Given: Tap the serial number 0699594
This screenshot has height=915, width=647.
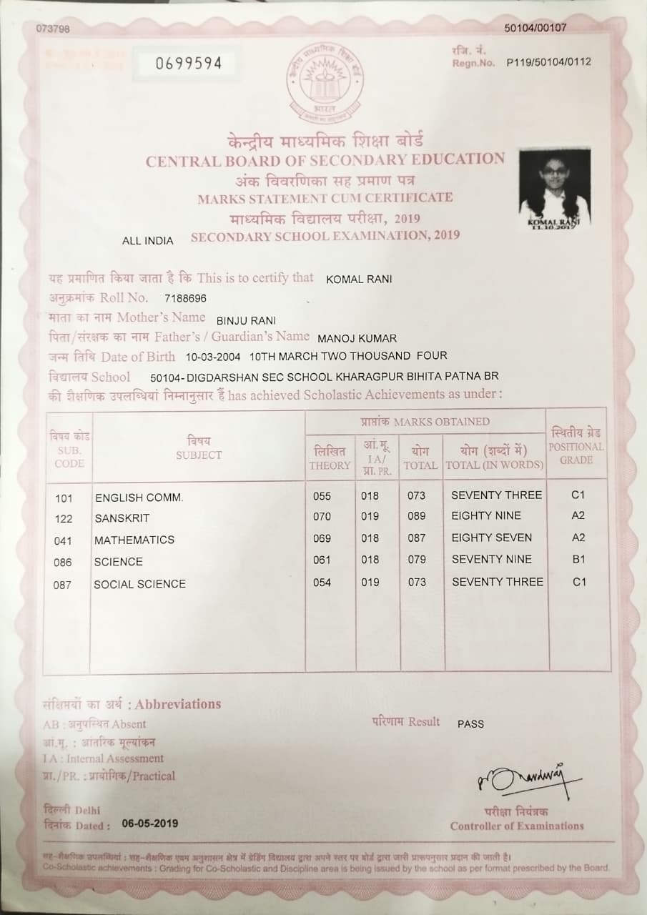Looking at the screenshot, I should [189, 64].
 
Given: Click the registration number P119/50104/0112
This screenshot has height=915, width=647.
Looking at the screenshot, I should [548, 62].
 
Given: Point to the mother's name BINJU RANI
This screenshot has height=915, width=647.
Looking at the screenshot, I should [245, 320].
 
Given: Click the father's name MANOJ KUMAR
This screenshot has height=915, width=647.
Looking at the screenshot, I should [356, 338].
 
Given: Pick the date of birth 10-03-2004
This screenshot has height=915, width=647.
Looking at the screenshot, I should [213, 356].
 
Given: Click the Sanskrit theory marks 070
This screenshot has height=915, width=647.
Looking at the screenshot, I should [322, 516].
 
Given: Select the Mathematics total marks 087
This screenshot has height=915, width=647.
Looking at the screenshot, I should [416, 538].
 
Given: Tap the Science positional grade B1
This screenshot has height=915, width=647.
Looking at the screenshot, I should [578, 560].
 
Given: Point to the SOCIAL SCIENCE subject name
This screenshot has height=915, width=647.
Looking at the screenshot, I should [139, 584].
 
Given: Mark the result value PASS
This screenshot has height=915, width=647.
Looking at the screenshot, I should [470, 724].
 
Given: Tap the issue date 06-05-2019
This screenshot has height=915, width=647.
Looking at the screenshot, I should [150, 823].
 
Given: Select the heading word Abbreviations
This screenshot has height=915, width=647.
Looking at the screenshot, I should [178, 704].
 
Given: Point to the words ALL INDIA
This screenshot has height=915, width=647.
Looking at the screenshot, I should [148, 241].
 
